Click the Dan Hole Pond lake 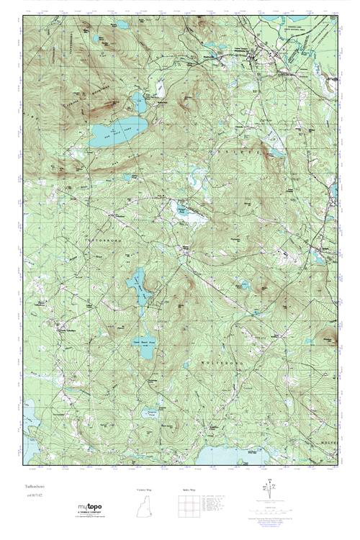117,130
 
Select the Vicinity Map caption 144,489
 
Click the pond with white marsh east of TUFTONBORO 183,210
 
